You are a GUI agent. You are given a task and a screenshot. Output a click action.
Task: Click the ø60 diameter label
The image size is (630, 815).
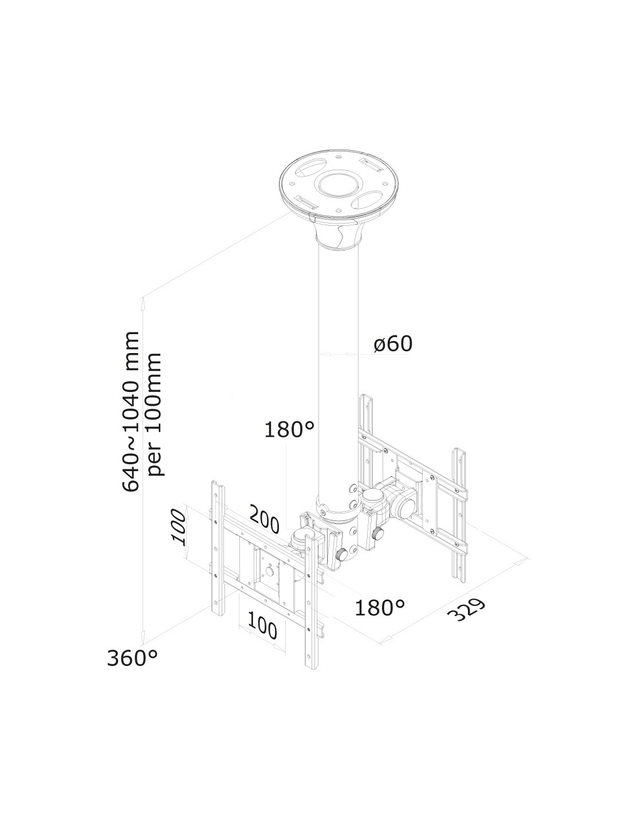point(393,344)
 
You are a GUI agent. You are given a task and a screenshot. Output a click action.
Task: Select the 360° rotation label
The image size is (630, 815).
point(132,659)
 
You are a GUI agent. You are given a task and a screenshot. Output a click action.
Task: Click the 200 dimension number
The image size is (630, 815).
point(264,519)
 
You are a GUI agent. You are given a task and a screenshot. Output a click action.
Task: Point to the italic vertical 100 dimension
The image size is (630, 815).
point(179,527)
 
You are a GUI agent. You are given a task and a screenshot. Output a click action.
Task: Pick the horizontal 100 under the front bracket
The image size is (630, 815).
point(262,627)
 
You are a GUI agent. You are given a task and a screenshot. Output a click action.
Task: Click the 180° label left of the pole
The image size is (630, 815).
point(289,429)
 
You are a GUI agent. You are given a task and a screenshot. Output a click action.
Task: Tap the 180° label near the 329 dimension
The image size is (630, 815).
point(379,608)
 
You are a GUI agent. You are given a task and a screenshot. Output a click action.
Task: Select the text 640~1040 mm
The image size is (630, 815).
point(131,411)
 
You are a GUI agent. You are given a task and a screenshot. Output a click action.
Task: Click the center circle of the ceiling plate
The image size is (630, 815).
point(338,185)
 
